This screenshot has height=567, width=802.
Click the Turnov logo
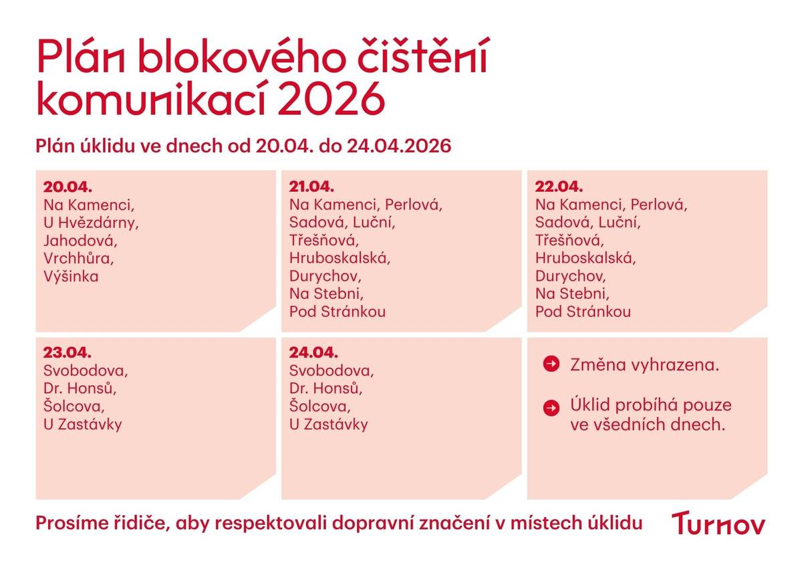coord(718,523)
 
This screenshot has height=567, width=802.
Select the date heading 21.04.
coord(311,187)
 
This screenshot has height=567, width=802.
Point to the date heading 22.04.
coord(559,187)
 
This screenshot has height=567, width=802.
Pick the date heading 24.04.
coord(313,352)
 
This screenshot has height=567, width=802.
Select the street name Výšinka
coord(71,276)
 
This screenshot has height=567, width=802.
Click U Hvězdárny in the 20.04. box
coord(91,222)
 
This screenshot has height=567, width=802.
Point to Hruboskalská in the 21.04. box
coord(340,257)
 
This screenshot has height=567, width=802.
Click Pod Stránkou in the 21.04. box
coord(338,312)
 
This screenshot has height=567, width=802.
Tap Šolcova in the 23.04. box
coord(74,406)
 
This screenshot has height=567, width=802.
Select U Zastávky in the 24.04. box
coord(329,424)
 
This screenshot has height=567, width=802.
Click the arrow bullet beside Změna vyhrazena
coord(551,364)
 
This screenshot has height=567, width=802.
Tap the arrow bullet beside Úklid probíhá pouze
coord(551,407)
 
